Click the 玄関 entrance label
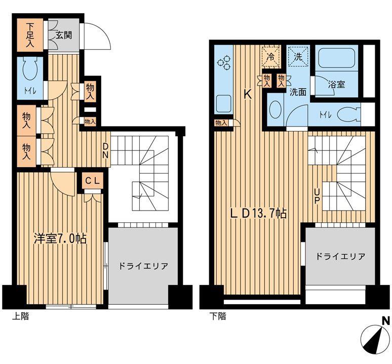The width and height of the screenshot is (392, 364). (x=63, y=35)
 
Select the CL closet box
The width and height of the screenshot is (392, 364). (x=93, y=181)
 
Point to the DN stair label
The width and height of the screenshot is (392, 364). (x=106, y=151)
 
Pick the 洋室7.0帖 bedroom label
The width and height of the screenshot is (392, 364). (x=60, y=238)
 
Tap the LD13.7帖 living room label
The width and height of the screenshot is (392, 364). (x=258, y=214)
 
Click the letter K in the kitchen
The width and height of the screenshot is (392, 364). (x=248, y=95)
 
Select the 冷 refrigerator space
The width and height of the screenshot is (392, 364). (x=271, y=57)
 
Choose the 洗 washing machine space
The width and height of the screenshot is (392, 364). (x=298, y=57)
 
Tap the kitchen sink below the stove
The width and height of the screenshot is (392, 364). (x=223, y=104)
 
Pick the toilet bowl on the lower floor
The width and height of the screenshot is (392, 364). (x=349, y=115)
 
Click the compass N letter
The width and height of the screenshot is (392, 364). (x=386, y=320)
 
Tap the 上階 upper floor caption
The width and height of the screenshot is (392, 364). (x=20, y=316)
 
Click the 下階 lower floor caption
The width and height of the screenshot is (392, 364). (x=218, y=316)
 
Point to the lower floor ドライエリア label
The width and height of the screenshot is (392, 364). (x=340, y=257)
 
